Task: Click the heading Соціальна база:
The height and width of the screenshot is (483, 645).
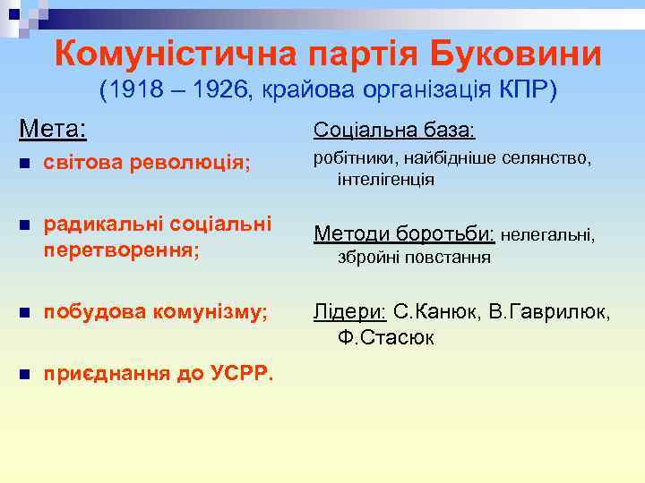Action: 393,131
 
